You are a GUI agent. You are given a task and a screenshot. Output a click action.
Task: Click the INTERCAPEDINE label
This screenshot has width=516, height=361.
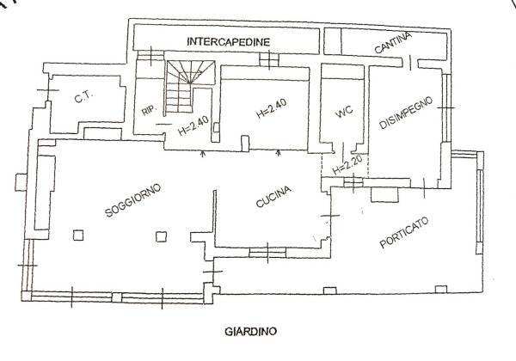coord(229,42)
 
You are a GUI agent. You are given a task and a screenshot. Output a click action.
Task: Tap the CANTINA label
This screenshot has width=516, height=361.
coord(393,43)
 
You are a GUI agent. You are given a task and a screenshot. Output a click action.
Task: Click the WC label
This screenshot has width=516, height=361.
coord(344,111)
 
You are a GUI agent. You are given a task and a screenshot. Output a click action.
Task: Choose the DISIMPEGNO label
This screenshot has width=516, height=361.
coord(405,113)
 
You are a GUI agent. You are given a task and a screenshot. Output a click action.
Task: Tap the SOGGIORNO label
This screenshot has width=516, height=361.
coord(133,200)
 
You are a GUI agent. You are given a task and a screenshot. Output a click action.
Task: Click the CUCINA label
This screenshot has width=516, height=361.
coord(273,197)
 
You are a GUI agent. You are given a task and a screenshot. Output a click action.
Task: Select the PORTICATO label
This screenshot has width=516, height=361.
coord(404,232)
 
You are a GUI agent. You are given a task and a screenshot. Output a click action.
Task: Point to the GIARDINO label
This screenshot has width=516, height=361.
coord(251,332)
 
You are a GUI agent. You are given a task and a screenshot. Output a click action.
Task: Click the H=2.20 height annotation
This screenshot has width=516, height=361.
coord(347,165)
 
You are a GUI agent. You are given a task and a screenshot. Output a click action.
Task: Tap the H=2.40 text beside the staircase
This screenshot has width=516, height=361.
coord(193,126)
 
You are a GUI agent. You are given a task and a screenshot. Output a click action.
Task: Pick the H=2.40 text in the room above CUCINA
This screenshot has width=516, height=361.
coord(272,107)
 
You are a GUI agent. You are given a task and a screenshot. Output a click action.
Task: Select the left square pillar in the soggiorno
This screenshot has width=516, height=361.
coord(78,236)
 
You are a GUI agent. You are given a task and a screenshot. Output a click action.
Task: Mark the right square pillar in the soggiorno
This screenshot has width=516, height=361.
coord(161,236)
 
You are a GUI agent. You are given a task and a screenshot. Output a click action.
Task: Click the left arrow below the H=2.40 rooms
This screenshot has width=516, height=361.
coord(203,152)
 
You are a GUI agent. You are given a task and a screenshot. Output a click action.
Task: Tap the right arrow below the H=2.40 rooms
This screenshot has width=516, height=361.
coord(279,152)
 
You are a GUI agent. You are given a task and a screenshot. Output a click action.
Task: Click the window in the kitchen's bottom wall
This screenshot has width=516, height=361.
coord(267,253)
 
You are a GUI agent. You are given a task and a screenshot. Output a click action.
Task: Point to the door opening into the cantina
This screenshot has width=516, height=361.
coord(410,63)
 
